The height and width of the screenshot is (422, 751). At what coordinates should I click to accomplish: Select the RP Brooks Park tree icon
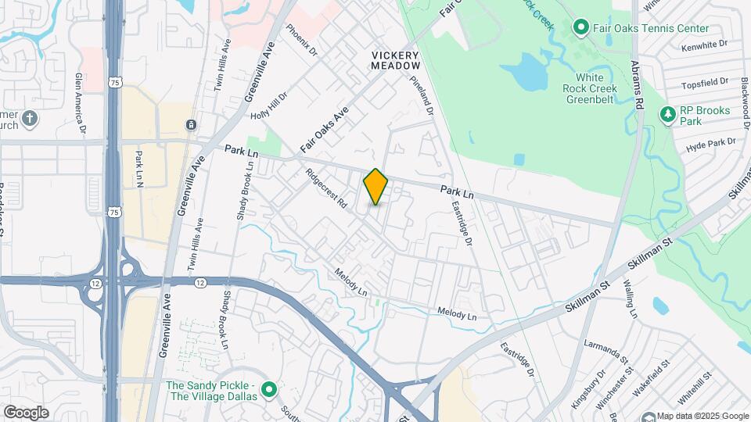(667, 116)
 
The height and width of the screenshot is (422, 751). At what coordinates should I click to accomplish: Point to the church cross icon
(30, 119)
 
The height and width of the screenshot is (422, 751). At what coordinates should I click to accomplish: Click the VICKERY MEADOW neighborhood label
(396, 60)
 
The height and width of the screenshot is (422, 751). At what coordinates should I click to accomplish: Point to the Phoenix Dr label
(302, 40)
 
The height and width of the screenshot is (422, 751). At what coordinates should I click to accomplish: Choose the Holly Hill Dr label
(270, 105)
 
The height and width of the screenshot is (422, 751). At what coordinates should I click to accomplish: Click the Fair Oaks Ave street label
(323, 129)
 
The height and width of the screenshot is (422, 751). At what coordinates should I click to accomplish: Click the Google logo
(26, 413)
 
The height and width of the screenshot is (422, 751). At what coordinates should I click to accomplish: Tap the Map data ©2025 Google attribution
(702, 416)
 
